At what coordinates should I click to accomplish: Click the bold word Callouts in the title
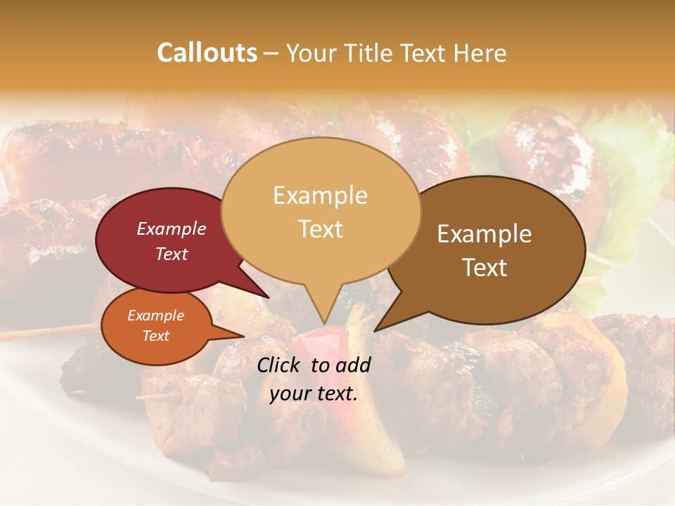click(207, 53)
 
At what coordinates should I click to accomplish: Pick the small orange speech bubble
click(156, 326)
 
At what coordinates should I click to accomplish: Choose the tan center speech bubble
click(321, 211)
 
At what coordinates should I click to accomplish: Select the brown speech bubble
click(492, 250)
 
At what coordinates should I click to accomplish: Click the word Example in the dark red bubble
click(172, 228)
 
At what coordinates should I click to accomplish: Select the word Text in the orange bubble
click(156, 336)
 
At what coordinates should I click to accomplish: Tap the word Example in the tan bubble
click(321, 195)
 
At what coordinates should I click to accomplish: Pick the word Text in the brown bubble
click(485, 268)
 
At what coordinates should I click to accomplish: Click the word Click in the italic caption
click(278, 365)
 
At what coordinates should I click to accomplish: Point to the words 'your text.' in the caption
click(314, 394)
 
